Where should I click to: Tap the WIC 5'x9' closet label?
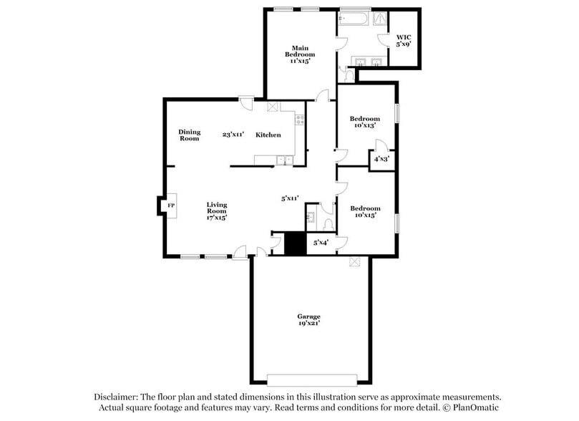click(x=404, y=40)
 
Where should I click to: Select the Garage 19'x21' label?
click(x=309, y=319)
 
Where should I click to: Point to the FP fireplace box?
click(x=170, y=205)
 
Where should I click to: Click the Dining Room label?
click(x=189, y=135)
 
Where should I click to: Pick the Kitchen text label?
click(x=268, y=135)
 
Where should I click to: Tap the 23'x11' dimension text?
click(x=233, y=135)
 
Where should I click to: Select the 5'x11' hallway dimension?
click(x=289, y=198)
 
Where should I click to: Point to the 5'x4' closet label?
click(x=321, y=243)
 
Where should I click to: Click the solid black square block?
click(x=294, y=243)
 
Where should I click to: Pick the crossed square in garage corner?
click(x=354, y=262)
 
